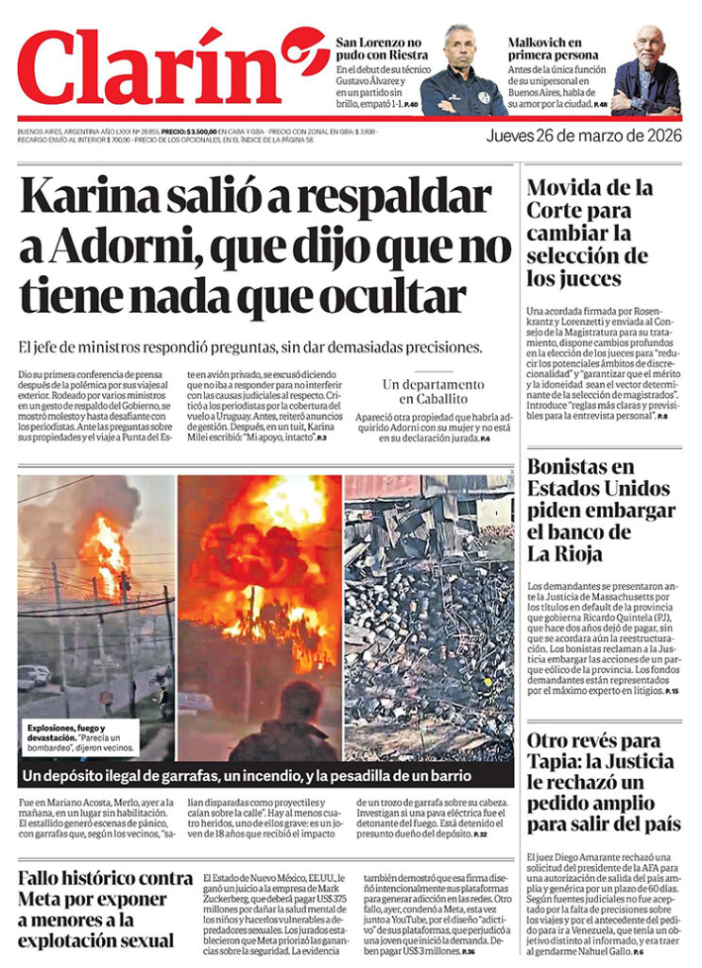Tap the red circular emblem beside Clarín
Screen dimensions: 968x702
tap(304, 51)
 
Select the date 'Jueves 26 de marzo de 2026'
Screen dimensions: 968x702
tap(583, 135)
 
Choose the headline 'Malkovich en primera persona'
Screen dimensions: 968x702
tap(558, 49)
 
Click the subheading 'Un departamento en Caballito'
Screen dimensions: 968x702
tap(433, 392)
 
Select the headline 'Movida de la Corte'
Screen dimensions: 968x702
tap(588, 232)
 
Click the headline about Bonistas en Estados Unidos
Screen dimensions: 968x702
tap(601, 510)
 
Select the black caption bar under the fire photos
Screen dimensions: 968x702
tap(265, 776)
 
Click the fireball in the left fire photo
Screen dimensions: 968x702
tap(106, 548)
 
